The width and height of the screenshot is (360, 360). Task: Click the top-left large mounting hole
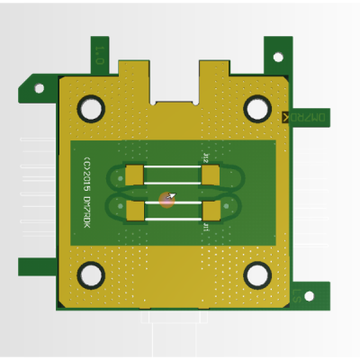(92, 108)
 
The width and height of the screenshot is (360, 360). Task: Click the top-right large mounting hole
(257, 109)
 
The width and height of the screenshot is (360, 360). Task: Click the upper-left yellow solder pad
(135, 174)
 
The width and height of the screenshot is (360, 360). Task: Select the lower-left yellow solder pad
(135, 211)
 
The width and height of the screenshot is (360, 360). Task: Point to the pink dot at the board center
(166, 199)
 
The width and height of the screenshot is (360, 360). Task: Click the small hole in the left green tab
(38, 89)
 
